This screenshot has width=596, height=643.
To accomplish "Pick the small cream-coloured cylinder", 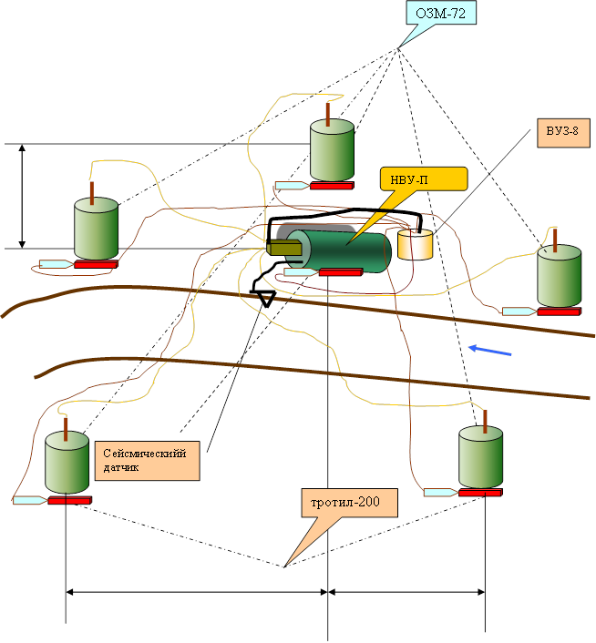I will click(x=416, y=244).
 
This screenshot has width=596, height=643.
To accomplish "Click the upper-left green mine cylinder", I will click(x=96, y=228).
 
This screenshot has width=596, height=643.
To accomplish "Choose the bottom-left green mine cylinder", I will click(x=67, y=464).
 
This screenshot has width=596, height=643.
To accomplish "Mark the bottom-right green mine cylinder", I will click(x=481, y=458).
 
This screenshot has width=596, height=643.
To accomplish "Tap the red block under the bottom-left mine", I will click(x=69, y=500).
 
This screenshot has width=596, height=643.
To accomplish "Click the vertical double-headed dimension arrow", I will click(x=23, y=195).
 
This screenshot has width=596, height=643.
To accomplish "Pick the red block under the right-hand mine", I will click(x=559, y=311).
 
